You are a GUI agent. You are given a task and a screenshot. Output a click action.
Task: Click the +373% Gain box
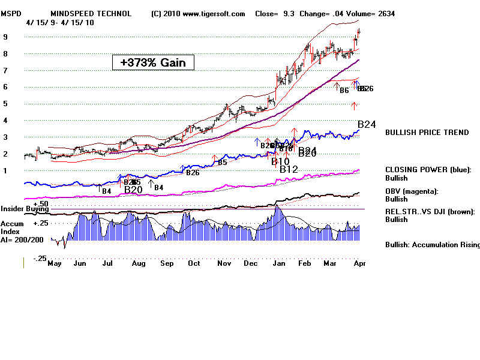(153, 62)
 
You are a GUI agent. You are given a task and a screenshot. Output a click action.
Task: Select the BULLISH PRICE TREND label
(427, 133)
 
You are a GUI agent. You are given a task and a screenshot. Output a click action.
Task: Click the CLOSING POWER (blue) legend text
(428, 170)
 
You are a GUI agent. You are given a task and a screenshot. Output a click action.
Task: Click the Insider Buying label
(24, 209)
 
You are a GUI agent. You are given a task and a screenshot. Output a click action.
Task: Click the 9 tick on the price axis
(5, 37)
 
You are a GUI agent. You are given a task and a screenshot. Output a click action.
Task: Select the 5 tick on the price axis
(5, 104)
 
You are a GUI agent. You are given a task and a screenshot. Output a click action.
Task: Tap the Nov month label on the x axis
(224, 263)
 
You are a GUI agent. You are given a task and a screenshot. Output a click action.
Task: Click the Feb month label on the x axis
(305, 263)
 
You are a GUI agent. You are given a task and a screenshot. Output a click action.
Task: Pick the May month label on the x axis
(55, 263)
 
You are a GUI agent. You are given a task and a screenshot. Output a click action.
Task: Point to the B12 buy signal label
(289, 170)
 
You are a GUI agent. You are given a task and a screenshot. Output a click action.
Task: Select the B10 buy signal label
(280, 161)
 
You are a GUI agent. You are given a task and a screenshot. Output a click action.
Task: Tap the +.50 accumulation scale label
(40, 204)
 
